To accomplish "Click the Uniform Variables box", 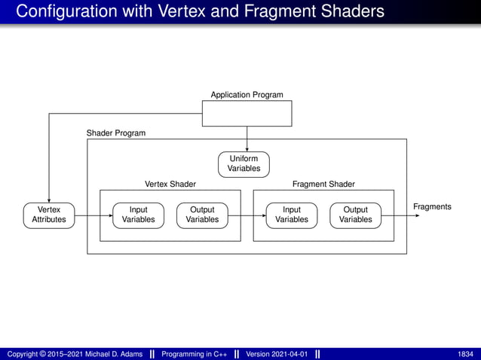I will point(244,164).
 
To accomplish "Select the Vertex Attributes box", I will point(49,215).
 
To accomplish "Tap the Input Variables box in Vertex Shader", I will point(138,215).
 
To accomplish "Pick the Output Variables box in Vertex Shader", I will point(202,215).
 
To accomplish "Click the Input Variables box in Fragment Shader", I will point(292,215).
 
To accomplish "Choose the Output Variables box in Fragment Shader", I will point(355,215).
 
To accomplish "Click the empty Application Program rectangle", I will point(247,113).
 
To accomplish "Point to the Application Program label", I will point(247,95).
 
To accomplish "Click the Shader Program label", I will point(116,133).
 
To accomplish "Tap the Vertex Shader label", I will point(170,184).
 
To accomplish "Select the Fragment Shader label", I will point(323,184).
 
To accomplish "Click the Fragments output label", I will point(432,206).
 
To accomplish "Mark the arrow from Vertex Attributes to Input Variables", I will point(93,215).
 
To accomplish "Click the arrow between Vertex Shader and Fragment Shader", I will point(247,215).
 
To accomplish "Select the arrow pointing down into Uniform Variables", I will point(247,139).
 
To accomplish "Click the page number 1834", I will point(466,354).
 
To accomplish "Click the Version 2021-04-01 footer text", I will point(277,354).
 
